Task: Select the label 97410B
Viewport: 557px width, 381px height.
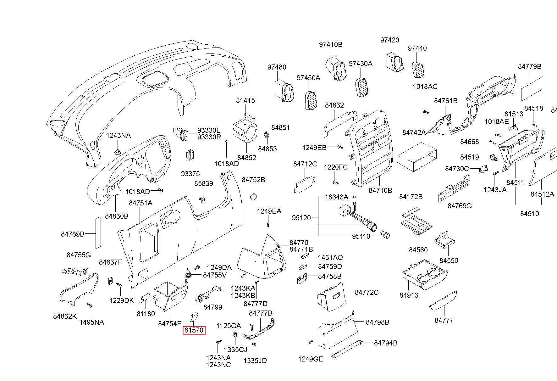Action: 331,44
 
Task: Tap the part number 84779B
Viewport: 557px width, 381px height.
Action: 530,66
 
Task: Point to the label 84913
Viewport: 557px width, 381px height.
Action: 409,295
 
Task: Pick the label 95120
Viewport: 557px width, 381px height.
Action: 301,217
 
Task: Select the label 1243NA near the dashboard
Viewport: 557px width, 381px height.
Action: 118,135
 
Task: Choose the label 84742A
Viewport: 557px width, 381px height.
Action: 414,132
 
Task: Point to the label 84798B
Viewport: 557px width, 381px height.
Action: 378,322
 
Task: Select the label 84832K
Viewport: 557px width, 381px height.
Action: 65,316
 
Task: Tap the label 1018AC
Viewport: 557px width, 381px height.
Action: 425,87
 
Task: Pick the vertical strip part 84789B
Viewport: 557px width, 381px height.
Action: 98,233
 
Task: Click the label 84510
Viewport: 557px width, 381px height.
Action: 529,214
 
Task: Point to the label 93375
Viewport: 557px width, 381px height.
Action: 190,174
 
